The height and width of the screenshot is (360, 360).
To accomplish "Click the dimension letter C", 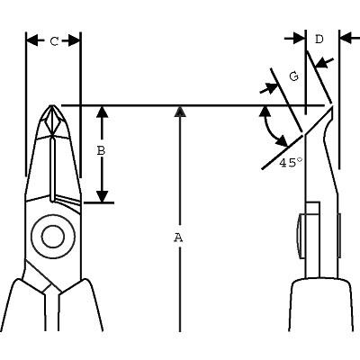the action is pos(54,41).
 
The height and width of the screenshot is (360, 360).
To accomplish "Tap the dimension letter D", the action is pos(319,39).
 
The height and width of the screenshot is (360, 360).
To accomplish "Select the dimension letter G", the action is pos(294,76).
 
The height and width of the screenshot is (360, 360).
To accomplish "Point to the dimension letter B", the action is pos(101,150).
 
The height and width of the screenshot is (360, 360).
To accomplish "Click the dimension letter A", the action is pos(178,238).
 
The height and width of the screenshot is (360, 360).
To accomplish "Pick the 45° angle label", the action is pos(291,163).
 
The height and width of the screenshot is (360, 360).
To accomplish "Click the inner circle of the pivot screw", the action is pos(53,237).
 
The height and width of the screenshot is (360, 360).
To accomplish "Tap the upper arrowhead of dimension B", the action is pos(103,112).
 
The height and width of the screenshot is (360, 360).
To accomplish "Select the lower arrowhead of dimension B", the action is pos(103,196).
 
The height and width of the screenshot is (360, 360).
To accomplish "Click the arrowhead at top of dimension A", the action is pos(180,111).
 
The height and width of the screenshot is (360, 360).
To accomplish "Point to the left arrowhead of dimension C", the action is pos(32,40).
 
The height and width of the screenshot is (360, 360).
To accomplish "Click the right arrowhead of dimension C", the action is pos(75,40).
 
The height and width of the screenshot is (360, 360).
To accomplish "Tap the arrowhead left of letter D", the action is pos(299,39).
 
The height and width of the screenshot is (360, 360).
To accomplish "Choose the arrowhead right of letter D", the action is pos(346,39).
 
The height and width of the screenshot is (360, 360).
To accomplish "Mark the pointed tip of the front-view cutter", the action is pos(52,105).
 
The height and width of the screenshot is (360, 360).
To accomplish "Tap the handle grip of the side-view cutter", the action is pos(321,304).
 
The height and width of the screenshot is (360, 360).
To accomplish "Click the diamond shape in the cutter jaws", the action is pos(53,121).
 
